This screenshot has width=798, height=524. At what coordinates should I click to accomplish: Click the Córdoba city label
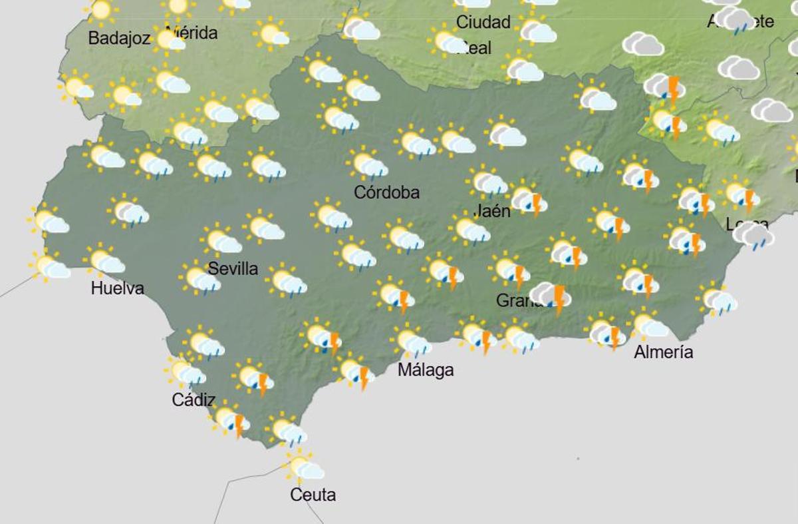pos(386,192)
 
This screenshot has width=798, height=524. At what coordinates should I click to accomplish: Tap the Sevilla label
pos(233,268)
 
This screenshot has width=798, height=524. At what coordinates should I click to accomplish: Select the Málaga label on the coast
pos(426,370)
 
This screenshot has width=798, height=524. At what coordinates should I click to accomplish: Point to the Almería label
pos(663,352)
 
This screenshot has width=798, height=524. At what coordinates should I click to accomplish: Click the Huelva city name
pos(118,288)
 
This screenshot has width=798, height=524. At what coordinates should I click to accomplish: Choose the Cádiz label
pos(194,400)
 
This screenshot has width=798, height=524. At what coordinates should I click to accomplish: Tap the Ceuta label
pos(313,495)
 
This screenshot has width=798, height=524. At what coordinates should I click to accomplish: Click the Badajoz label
pos(119,39)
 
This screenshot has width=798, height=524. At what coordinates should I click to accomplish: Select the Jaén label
pos(492,211)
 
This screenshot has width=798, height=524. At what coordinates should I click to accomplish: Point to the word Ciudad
pos(483,22)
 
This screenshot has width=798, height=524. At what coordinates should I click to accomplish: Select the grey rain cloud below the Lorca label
pos(753,236)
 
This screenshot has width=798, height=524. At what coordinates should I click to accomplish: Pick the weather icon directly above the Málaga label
pos(412,342)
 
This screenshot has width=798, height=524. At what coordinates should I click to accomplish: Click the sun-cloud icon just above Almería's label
pos(648,326)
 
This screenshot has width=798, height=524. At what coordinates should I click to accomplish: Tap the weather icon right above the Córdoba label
pos(367,164)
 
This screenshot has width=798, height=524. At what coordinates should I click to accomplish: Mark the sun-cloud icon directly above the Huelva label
pos(104,261)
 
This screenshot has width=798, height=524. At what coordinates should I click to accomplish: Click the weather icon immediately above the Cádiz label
pos(187,373)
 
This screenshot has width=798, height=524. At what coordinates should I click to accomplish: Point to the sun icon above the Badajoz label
pos(101,10)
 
